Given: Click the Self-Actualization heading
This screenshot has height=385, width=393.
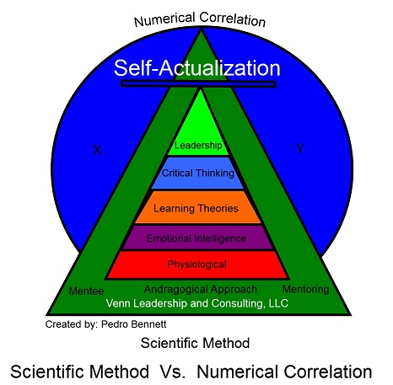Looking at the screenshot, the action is pyautogui.click(x=197, y=68).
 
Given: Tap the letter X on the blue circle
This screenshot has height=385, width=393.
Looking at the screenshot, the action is pyautogui.click(x=97, y=150).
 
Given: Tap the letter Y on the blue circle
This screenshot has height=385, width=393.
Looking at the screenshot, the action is pyautogui.click(x=300, y=148).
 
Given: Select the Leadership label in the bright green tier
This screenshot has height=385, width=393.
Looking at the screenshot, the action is pyautogui.click(x=198, y=146).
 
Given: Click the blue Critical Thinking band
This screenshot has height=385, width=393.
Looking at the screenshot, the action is pyautogui.click(x=197, y=173).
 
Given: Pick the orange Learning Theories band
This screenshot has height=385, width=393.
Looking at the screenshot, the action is pyautogui.click(x=198, y=207).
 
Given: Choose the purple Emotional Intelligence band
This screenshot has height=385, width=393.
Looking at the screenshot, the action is pyautogui.click(x=197, y=238).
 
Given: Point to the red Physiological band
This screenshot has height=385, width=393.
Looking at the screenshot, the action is pyautogui.click(x=197, y=265).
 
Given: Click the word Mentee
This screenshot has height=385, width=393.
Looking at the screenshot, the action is pyautogui.click(x=86, y=291).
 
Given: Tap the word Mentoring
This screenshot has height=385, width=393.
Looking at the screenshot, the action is pyautogui.click(x=306, y=289).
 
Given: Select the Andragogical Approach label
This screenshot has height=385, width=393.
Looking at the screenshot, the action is pyautogui.click(x=201, y=290).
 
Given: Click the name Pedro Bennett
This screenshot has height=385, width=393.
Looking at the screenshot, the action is pyautogui.click(x=134, y=324).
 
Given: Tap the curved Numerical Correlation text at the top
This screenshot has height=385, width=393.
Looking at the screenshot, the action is pyautogui.click(x=200, y=19).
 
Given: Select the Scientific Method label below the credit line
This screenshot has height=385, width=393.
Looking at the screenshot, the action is pyautogui.click(x=195, y=343).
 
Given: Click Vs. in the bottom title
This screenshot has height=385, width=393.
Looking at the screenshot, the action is pyautogui.click(x=173, y=372).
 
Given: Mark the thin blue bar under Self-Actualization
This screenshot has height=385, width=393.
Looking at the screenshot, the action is pyautogui.click(x=198, y=83).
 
